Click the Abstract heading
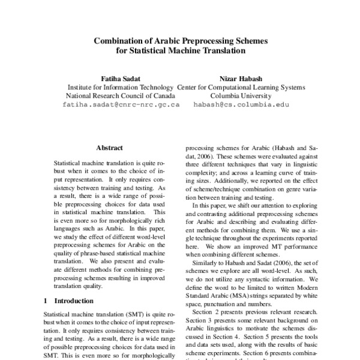[x=110, y=148]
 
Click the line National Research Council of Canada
[x=120, y=95]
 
